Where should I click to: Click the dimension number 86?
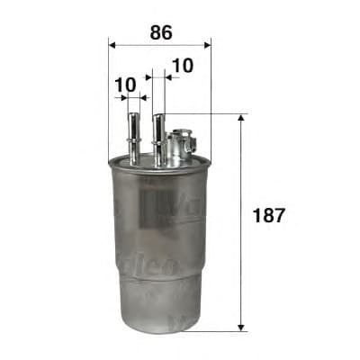[x=159, y=32]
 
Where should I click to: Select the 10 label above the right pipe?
[x=182, y=65]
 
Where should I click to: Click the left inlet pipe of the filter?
[x=133, y=135]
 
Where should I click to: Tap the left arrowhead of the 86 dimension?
[x=112, y=43]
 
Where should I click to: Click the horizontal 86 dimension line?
[x=159, y=43]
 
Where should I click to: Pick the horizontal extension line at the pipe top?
[x=207, y=113]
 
